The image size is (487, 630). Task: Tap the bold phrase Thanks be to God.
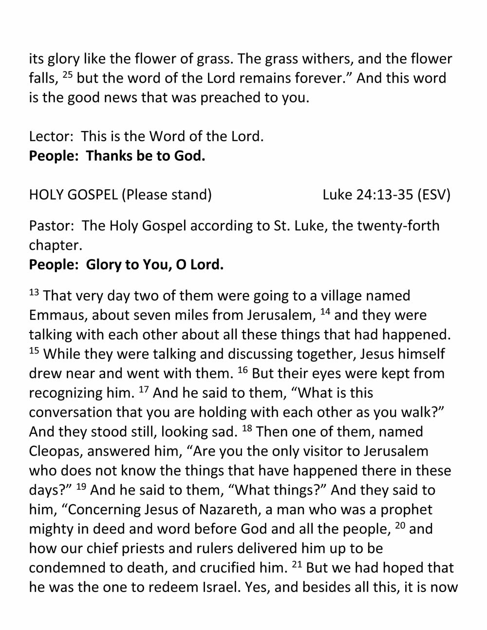pos(146,156)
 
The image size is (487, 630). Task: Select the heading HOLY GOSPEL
pos(73,195)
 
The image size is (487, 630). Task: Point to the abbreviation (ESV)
pos(434,195)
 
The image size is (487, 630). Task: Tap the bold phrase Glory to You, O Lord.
pos(154,264)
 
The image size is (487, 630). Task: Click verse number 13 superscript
pos(34,293)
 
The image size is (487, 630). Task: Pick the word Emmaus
pos(58,315)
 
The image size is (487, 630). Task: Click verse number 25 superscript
pos(68,75)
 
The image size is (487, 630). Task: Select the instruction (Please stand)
pos(167,195)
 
